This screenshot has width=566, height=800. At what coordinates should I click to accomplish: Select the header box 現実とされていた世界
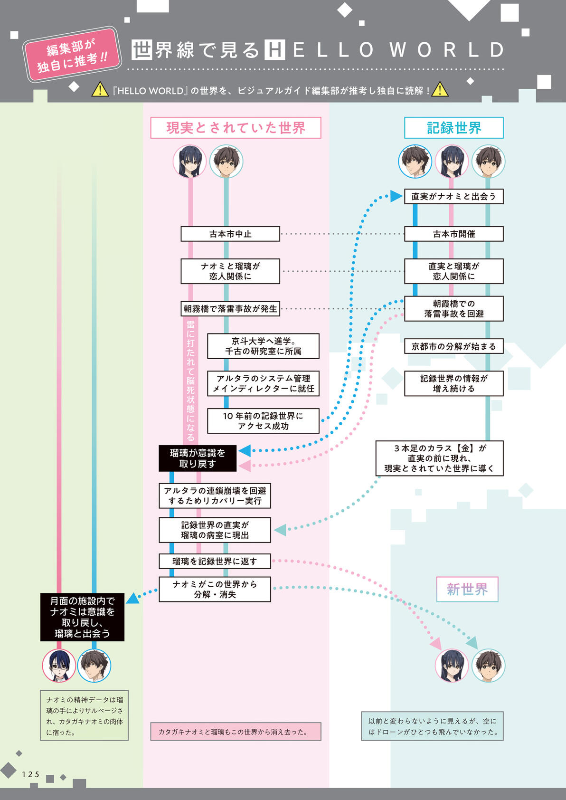click(236, 127)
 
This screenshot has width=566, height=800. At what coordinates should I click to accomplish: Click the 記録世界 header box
click(453, 127)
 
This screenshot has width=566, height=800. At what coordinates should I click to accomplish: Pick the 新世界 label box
click(467, 589)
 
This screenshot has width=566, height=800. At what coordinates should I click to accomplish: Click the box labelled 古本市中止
click(230, 234)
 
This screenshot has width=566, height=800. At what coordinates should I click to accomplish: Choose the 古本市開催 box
click(453, 234)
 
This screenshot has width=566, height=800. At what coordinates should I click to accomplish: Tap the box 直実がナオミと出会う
click(453, 196)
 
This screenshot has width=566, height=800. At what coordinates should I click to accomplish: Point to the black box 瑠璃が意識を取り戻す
click(198, 458)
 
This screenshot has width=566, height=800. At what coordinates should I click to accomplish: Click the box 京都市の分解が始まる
click(453, 346)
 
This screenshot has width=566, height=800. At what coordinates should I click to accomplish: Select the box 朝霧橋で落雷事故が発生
click(230, 309)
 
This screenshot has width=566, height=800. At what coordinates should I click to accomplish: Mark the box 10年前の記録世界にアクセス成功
click(263, 421)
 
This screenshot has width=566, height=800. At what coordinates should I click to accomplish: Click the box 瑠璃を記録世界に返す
click(215, 561)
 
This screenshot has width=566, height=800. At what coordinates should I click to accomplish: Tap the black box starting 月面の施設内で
click(82, 617)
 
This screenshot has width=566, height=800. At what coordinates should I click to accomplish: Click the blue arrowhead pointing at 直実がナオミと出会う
click(396, 196)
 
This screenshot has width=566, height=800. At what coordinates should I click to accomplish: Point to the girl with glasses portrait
click(59, 666)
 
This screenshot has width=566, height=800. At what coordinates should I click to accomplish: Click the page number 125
click(30, 774)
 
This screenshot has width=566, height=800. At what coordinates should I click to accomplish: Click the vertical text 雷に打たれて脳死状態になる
click(190, 381)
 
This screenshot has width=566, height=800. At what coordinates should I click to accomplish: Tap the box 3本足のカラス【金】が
click(439, 458)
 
